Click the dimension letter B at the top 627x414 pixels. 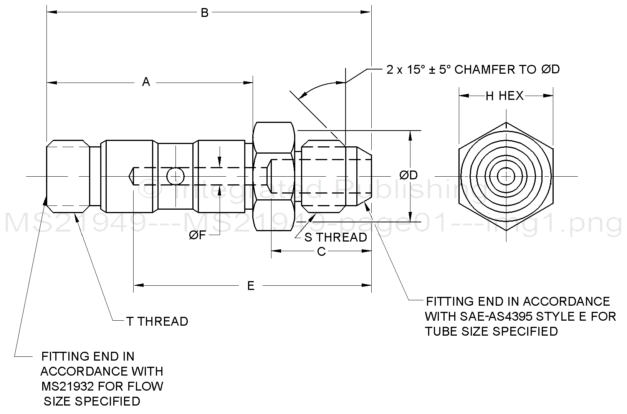[205, 13]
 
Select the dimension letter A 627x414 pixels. [146, 82]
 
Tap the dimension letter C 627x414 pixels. [321, 252]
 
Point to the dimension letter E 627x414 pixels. [251, 286]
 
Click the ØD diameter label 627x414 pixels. [409, 176]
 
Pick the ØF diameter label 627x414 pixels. [198, 236]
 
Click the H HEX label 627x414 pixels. [505, 96]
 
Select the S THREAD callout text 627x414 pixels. [336, 237]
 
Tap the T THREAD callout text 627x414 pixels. [157, 321]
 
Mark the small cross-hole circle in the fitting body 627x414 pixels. [175, 177]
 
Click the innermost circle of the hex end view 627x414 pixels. [506, 176]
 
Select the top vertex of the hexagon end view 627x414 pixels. [506, 123]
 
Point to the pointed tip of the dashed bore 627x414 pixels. [129, 176]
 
